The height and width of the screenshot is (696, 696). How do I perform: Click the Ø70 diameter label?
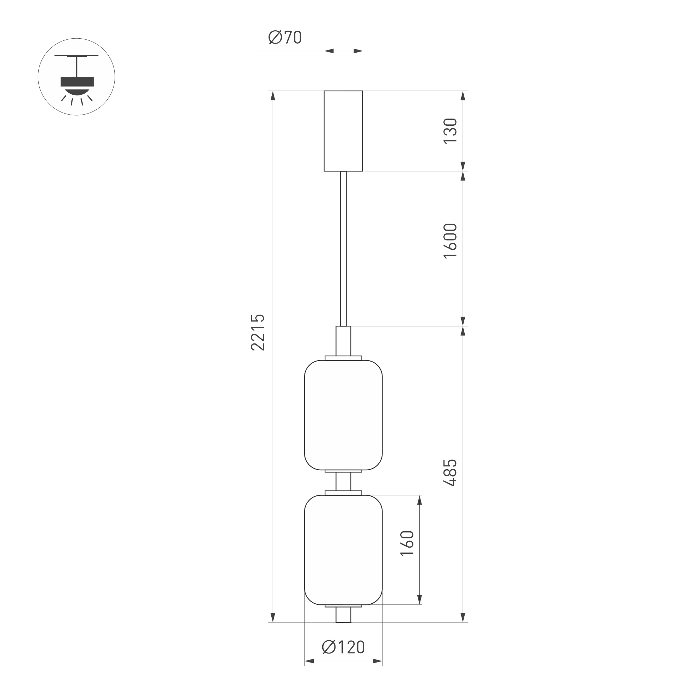(x=285, y=37)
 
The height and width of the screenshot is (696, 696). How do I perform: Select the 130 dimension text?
(x=450, y=131)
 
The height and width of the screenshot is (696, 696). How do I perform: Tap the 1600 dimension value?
(x=450, y=241)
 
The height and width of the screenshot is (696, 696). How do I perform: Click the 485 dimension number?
(x=450, y=473)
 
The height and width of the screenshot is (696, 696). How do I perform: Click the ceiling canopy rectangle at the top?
(x=343, y=131)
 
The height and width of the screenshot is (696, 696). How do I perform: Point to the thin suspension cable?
(x=343, y=249)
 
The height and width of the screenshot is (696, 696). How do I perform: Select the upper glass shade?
(x=343, y=415)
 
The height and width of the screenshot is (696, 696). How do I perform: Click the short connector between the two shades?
(x=343, y=481)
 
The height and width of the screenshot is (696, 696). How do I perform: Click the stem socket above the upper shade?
(x=343, y=340)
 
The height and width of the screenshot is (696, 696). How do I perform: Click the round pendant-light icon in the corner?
(x=76, y=77)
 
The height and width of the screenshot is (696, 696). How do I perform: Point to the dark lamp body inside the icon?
(x=77, y=82)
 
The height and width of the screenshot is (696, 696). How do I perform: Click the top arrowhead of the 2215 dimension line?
(x=273, y=96)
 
